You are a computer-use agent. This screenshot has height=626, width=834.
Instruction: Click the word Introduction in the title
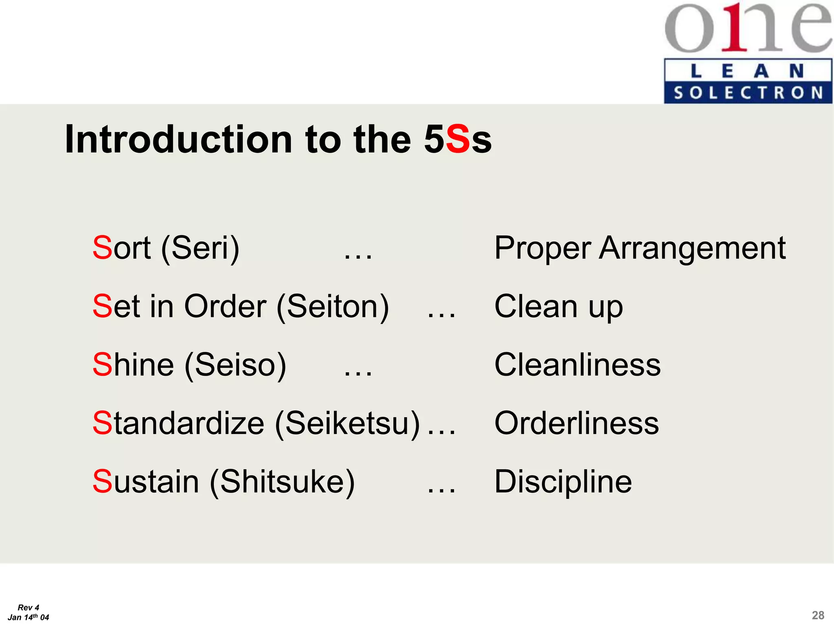point(178,140)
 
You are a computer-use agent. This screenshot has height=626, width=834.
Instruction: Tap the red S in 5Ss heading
point(458,140)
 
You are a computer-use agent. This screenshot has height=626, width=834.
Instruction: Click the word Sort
point(121,248)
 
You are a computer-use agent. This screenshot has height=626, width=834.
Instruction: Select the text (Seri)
point(200,248)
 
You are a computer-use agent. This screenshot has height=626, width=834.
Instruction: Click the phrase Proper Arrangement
point(639,248)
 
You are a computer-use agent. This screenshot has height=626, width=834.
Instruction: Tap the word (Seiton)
point(333,306)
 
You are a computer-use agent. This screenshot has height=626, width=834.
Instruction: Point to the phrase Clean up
point(558,306)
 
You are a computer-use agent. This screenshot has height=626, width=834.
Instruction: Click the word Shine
point(133,365)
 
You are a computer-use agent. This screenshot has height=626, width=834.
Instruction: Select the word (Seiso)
point(235,365)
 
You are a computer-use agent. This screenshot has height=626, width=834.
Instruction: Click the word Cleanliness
point(577,365)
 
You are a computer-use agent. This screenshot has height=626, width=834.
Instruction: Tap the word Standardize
point(178,423)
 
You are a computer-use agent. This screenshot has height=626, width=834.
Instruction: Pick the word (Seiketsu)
point(347,423)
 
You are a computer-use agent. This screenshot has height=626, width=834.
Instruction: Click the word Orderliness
point(576,423)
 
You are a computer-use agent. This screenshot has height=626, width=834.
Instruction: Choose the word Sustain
point(145,482)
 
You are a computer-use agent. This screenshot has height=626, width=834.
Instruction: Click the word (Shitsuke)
point(282,482)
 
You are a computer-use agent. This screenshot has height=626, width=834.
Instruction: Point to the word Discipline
point(563,482)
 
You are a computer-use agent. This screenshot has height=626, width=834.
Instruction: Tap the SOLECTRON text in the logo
point(748,93)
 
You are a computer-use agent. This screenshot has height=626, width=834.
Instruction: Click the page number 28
point(818,615)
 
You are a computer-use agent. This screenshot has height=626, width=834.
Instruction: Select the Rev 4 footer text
point(29,608)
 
